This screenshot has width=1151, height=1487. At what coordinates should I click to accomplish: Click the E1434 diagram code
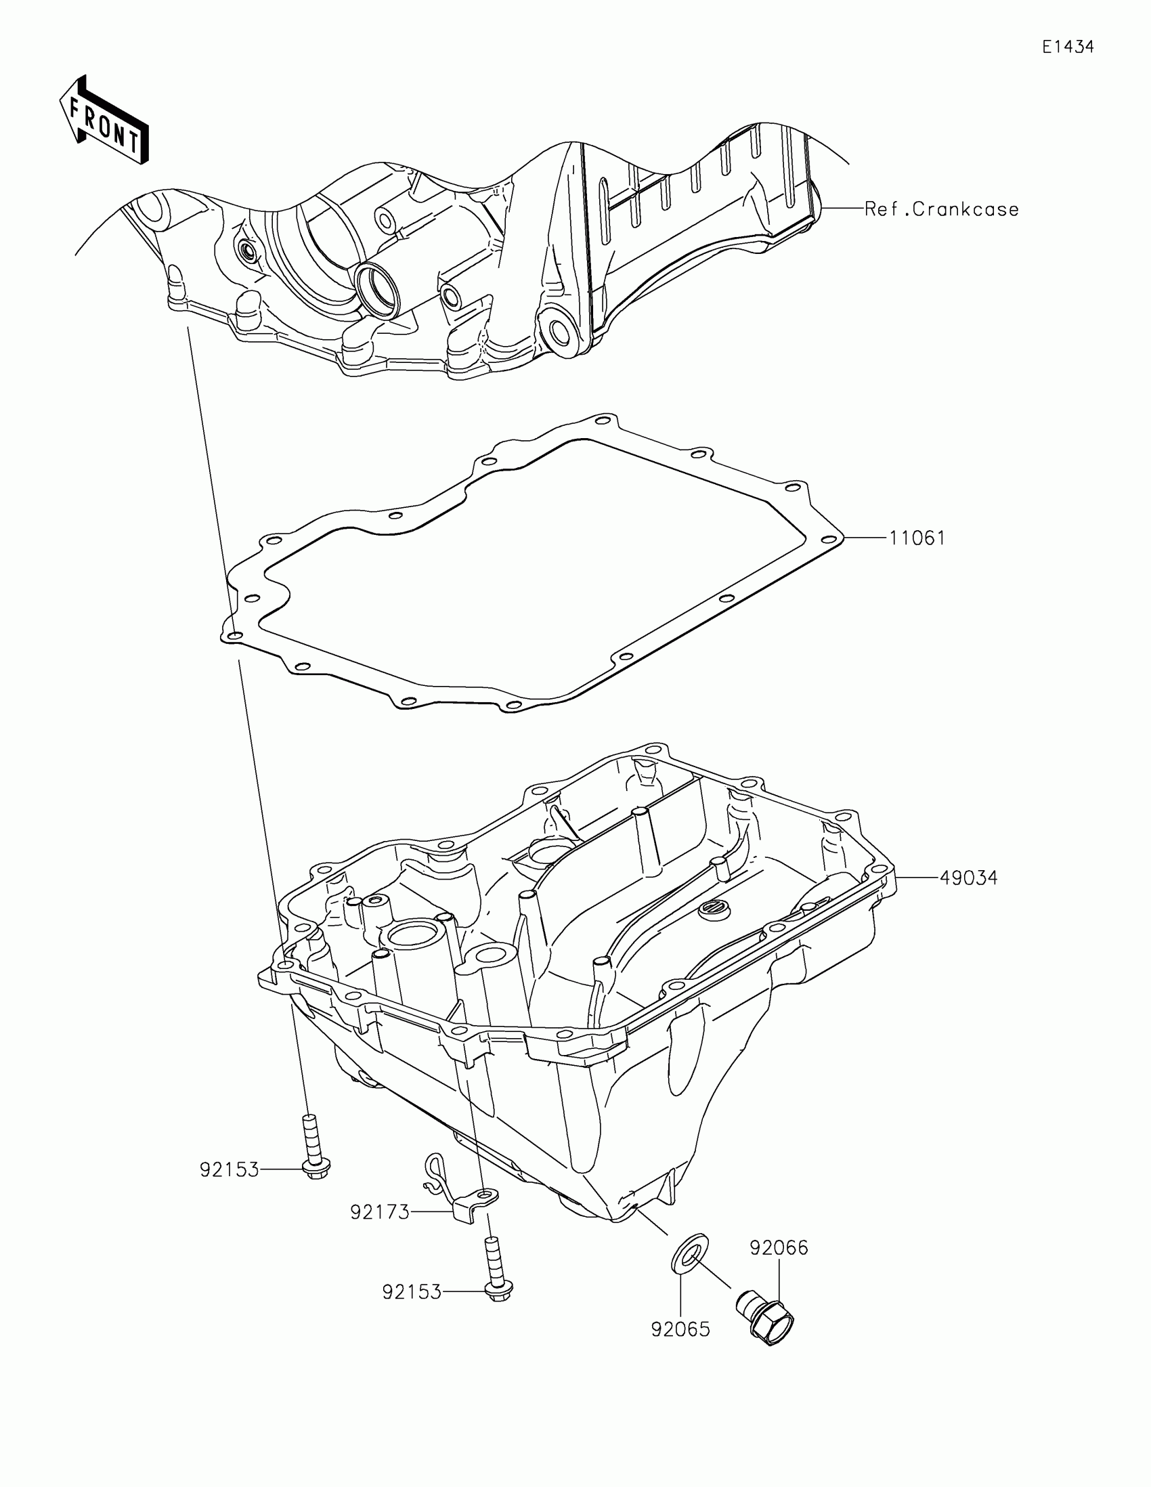coord(1068,47)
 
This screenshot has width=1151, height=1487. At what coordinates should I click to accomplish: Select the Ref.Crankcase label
coord(941,209)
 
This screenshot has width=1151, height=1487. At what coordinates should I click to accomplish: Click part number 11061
coord(917,538)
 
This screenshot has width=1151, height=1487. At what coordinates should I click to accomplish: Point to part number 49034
coord(969,878)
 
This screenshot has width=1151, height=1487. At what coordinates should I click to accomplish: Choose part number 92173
coord(380,1213)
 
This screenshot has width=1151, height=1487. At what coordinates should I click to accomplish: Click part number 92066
coord(779,1248)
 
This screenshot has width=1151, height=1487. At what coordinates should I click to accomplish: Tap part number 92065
coord(680,1329)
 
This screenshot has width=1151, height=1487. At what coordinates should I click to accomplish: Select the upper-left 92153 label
coord(230,1170)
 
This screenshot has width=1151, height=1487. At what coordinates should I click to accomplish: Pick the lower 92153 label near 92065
coord(412,1292)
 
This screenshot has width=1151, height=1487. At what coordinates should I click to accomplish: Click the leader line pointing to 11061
coord(866,538)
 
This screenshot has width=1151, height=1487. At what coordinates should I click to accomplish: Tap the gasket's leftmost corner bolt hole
coord(234,635)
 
